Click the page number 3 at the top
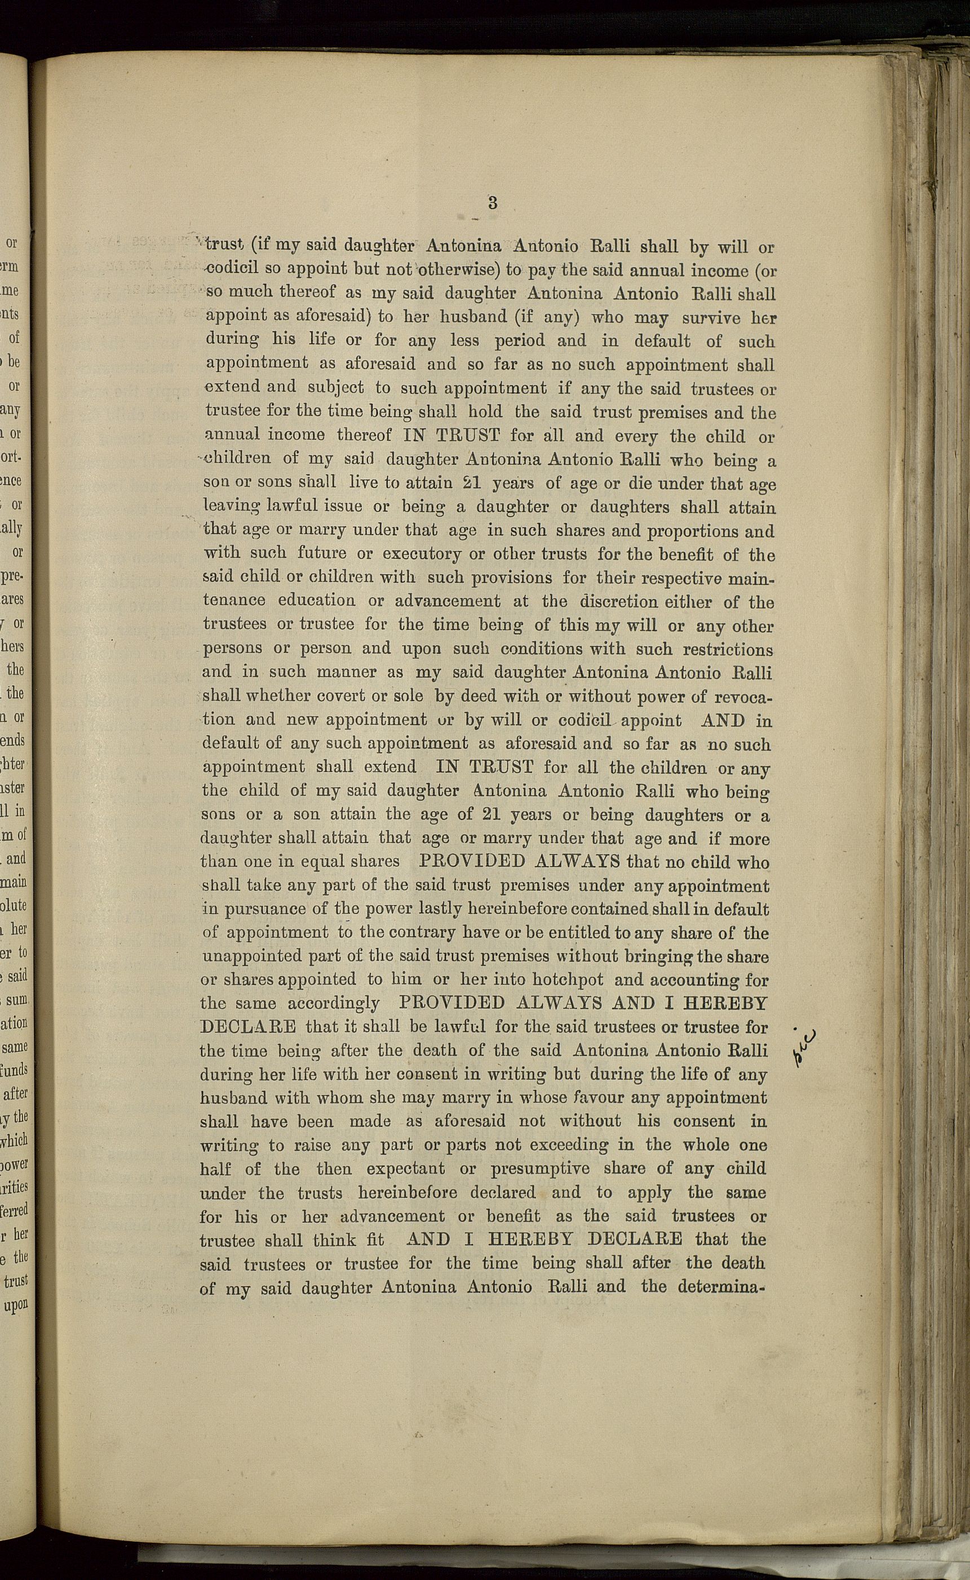coord(492,203)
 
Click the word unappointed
coord(251,956)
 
